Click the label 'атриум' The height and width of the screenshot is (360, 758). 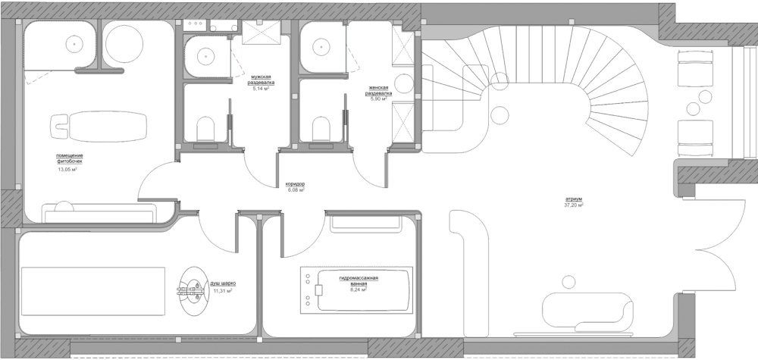pos(574,199)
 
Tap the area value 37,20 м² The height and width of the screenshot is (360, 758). pos(574,205)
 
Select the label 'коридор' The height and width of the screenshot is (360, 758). pos(295,185)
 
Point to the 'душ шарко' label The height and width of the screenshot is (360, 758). pos(224,284)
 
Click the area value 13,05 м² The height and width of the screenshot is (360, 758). pos(68,170)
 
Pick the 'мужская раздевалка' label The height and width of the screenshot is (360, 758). pos(261,80)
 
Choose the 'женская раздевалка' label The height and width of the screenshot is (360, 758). pos(378,90)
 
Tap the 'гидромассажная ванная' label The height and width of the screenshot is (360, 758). pos(359,280)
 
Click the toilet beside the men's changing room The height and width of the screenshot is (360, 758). pos(206,129)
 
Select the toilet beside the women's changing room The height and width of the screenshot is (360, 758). pos(321,129)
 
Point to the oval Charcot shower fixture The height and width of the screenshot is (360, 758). pos(193,291)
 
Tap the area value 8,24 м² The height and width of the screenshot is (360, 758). pos(359,290)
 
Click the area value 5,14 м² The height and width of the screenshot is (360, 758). pos(261,89)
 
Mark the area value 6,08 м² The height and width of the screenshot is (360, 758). pos(295,190)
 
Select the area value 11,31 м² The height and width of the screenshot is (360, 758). pos(223,291)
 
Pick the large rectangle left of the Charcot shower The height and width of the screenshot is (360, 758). pos(92,291)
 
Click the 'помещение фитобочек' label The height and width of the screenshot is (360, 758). pos(69,158)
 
